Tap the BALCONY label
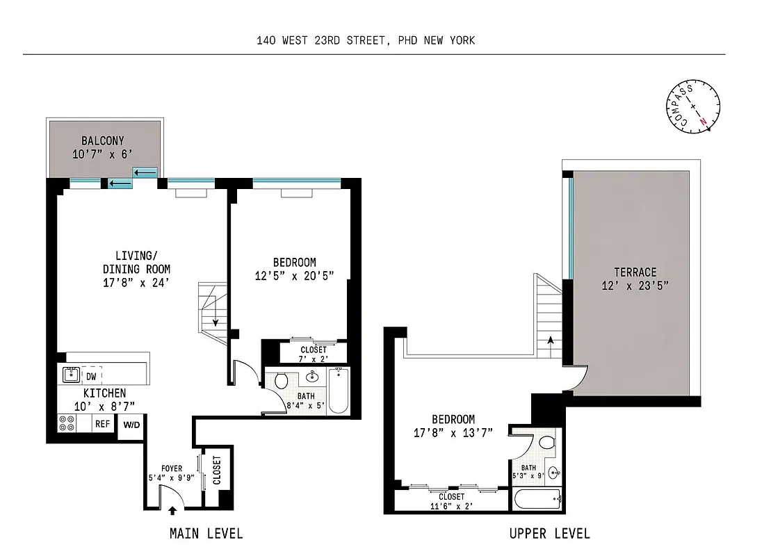102,141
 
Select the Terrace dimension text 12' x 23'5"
635,285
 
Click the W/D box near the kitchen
131,425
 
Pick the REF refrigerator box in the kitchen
103,423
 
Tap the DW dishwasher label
92,376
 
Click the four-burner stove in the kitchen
67,423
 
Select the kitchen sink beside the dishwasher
70,375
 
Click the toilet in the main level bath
282,381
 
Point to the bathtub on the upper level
537,499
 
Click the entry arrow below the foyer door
172,512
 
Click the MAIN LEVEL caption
206,534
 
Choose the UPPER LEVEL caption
549,534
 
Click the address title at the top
365,40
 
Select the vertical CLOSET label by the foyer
216,470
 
